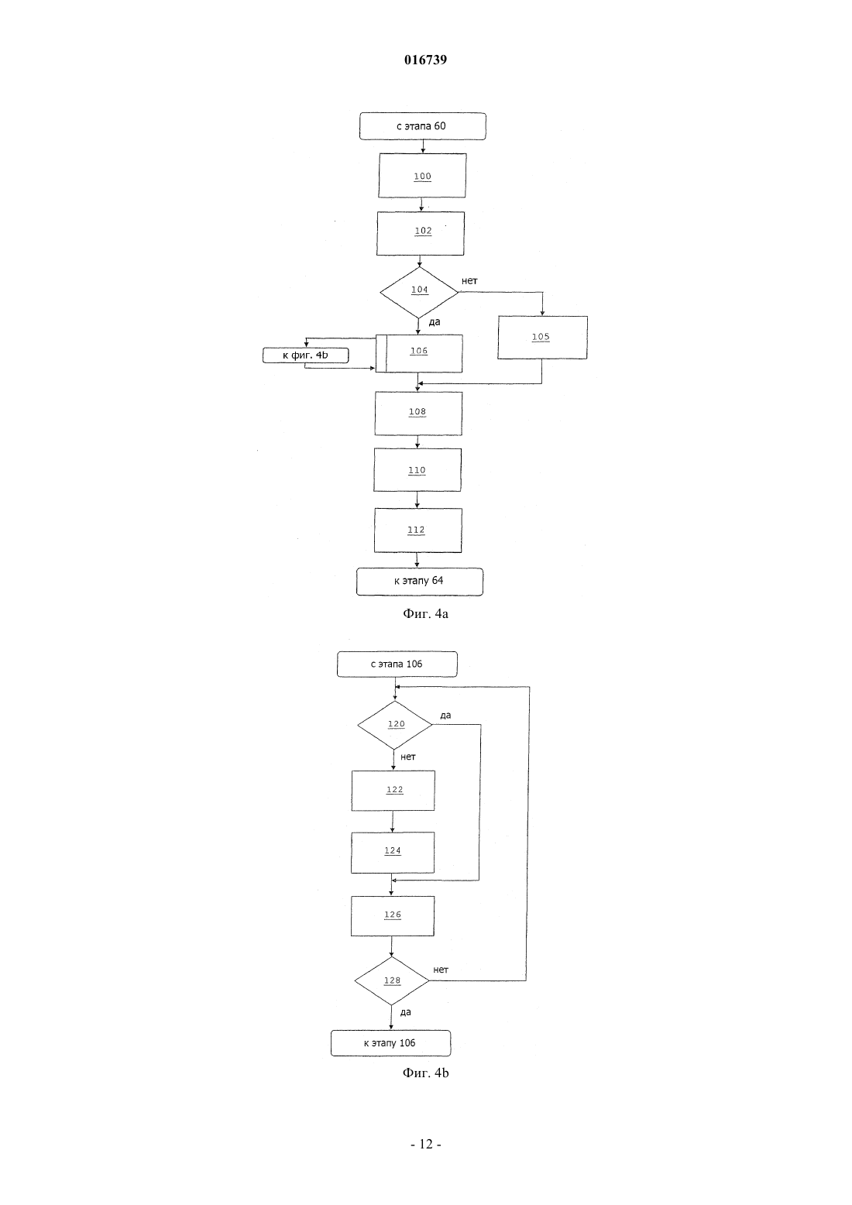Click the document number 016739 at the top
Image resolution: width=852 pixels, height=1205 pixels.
[425, 60]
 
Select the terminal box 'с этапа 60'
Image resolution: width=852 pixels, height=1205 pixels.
[423, 126]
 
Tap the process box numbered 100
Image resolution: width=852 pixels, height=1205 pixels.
[422, 175]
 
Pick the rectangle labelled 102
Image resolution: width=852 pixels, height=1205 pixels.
[420, 233]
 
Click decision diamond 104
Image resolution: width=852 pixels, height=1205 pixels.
[419, 293]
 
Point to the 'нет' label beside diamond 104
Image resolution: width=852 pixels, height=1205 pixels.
[469, 281]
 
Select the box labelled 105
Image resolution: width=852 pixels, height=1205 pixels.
[542, 338]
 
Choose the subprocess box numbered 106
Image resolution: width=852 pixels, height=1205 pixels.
[418, 353]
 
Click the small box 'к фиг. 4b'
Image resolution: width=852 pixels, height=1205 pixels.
[305, 355]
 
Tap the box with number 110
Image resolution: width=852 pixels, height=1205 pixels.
[417, 469]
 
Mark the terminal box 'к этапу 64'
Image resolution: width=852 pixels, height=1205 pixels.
[420, 582]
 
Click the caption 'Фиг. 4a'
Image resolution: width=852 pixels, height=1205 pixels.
[425, 614]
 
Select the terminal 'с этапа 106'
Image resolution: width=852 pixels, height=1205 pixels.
[397, 664]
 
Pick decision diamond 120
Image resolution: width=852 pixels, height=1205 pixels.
[395, 725]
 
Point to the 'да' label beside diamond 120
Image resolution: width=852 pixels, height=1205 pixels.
[445, 716]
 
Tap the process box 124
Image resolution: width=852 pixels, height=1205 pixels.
[393, 853]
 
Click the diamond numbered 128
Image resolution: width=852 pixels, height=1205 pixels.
[392, 980]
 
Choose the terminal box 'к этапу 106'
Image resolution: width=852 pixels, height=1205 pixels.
[390, 1043]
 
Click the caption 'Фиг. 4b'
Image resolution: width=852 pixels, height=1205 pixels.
[425, 1073]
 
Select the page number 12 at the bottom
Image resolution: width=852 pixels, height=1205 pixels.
[426, 1145]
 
